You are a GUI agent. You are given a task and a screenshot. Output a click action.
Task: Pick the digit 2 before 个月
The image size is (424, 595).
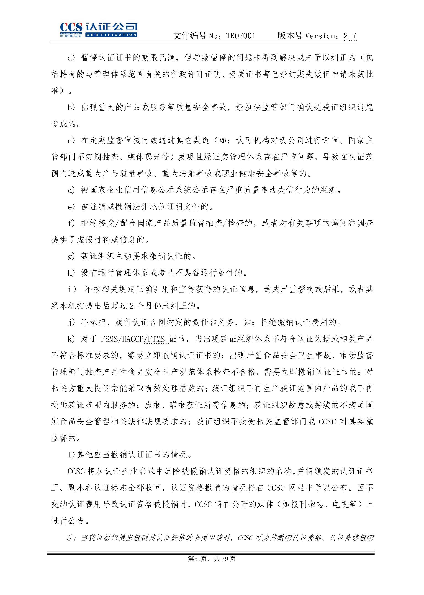tap(132, 306)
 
